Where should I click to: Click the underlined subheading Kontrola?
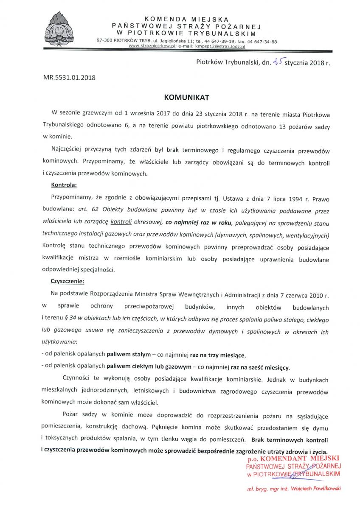coord(64,185)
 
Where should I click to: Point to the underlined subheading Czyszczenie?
coord(67,281)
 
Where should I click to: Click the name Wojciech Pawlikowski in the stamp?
coord(314,489)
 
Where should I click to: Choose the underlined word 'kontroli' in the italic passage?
coord(121,221)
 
